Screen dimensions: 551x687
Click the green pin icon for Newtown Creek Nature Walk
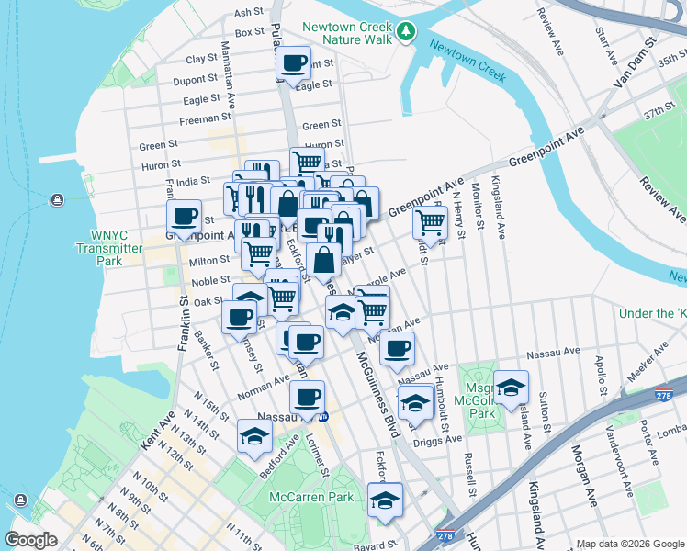pyautogui.click(x=407, y=32)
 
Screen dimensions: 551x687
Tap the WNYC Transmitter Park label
pyautogui.click(x=109, y=248)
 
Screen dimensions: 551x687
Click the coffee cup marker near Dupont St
pyautogui.click(x=294, y=63)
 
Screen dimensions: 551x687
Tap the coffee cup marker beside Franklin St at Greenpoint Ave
pyautogui.click(x=185, y=218)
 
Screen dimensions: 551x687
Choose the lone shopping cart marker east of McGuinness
pyautogui.click(x=430, y=221)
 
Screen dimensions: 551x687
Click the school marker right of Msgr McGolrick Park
pyautogui.click(x=511, y=388)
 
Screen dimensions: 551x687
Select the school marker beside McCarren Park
pyautogui.click(x=386, y=500)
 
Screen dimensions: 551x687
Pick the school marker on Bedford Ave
pyautogui.click(x=254, y=436)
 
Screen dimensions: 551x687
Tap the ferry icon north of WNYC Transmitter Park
pyautogui.click(x=57, y=200)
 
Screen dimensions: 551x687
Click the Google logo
pyautogui.click(x=31, y=540)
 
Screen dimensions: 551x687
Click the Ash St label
pyautogui.click(x=248, y=13)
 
